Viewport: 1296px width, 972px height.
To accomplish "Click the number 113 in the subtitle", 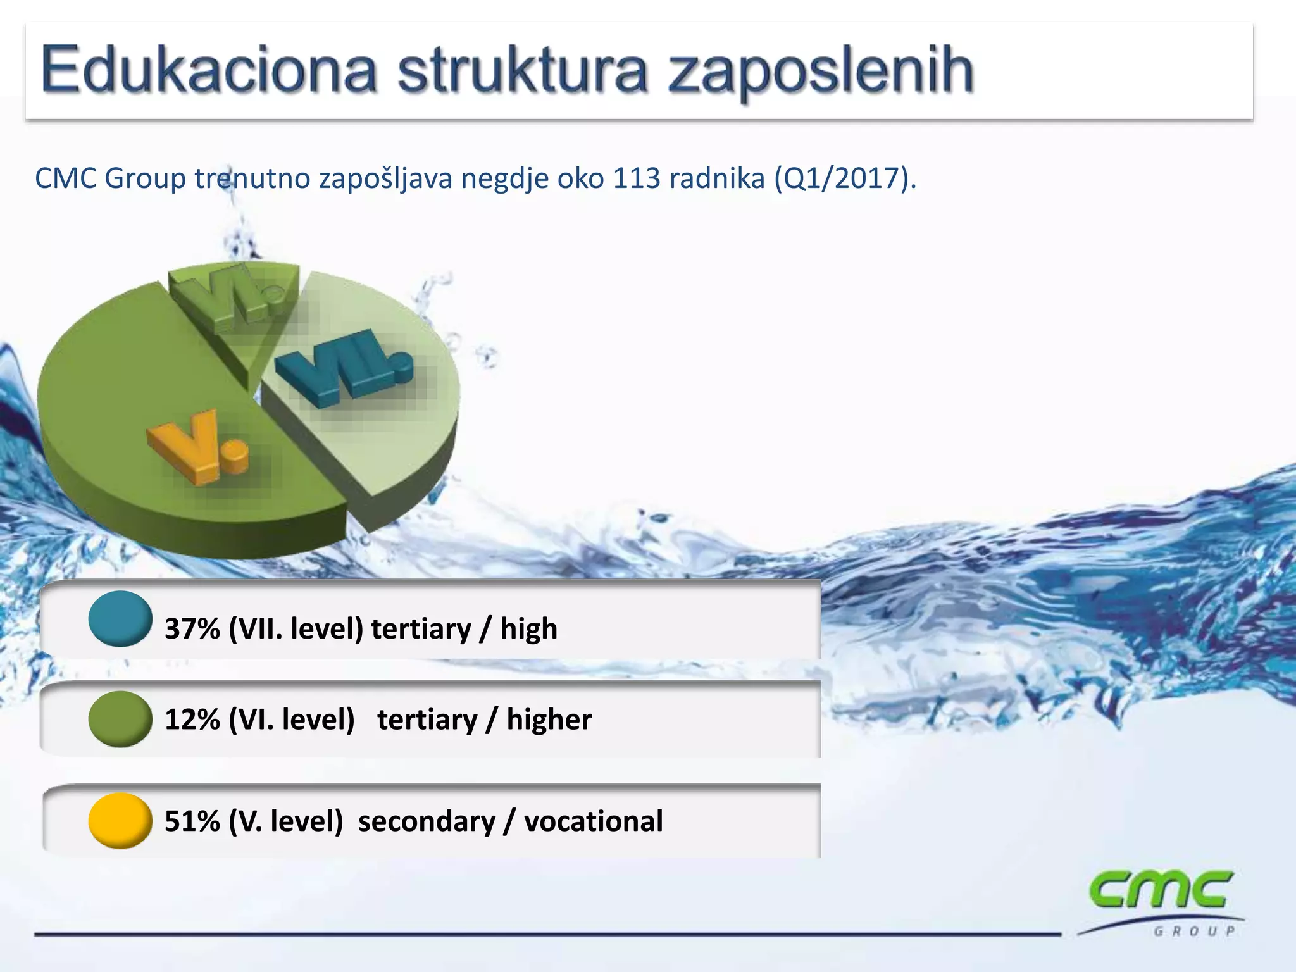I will coord(637,179).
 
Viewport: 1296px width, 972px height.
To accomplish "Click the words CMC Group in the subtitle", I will coord(110,179).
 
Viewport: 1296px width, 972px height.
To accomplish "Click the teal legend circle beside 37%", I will coord(120,619).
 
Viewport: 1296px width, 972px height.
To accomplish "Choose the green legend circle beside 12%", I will coord(120,719).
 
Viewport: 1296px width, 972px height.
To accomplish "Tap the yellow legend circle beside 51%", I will coord(120,821).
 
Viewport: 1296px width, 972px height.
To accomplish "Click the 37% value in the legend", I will coord(192,629).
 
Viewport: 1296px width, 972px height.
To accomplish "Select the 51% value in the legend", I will coord(192,821).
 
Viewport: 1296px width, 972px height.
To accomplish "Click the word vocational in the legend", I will coord(594,821).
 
